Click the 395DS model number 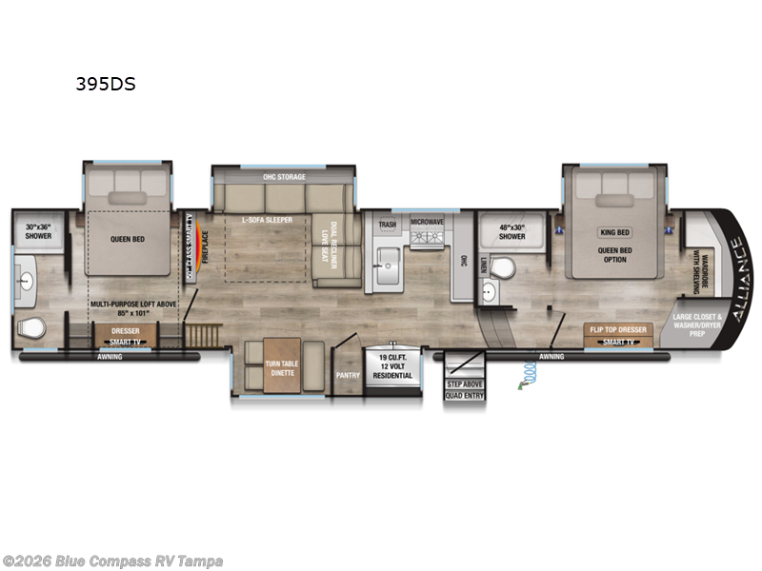106,84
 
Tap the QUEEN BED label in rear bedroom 126,239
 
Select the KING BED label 614,232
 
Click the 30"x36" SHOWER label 38,231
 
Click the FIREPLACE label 204,236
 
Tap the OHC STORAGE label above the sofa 283,176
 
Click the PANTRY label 348,376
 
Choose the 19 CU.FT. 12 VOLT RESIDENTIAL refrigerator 394,365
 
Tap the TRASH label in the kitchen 388,225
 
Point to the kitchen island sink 388,266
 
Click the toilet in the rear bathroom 30,327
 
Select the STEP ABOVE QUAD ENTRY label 466,389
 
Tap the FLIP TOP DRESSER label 619,330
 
